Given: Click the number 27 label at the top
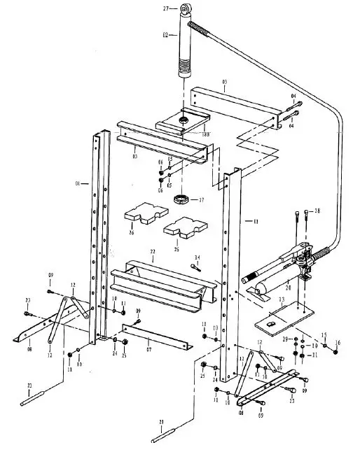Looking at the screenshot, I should (166, 8).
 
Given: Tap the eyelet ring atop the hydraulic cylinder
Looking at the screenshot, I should (186, 8).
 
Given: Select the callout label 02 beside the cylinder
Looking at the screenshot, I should (165, 35).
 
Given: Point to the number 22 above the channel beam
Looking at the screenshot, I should (152, 251).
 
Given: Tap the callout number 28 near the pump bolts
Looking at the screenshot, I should (317, 211).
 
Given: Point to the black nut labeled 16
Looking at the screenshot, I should (337, 352).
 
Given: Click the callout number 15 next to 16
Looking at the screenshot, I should (324, 335).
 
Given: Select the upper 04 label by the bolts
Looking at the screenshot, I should (293, 96).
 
